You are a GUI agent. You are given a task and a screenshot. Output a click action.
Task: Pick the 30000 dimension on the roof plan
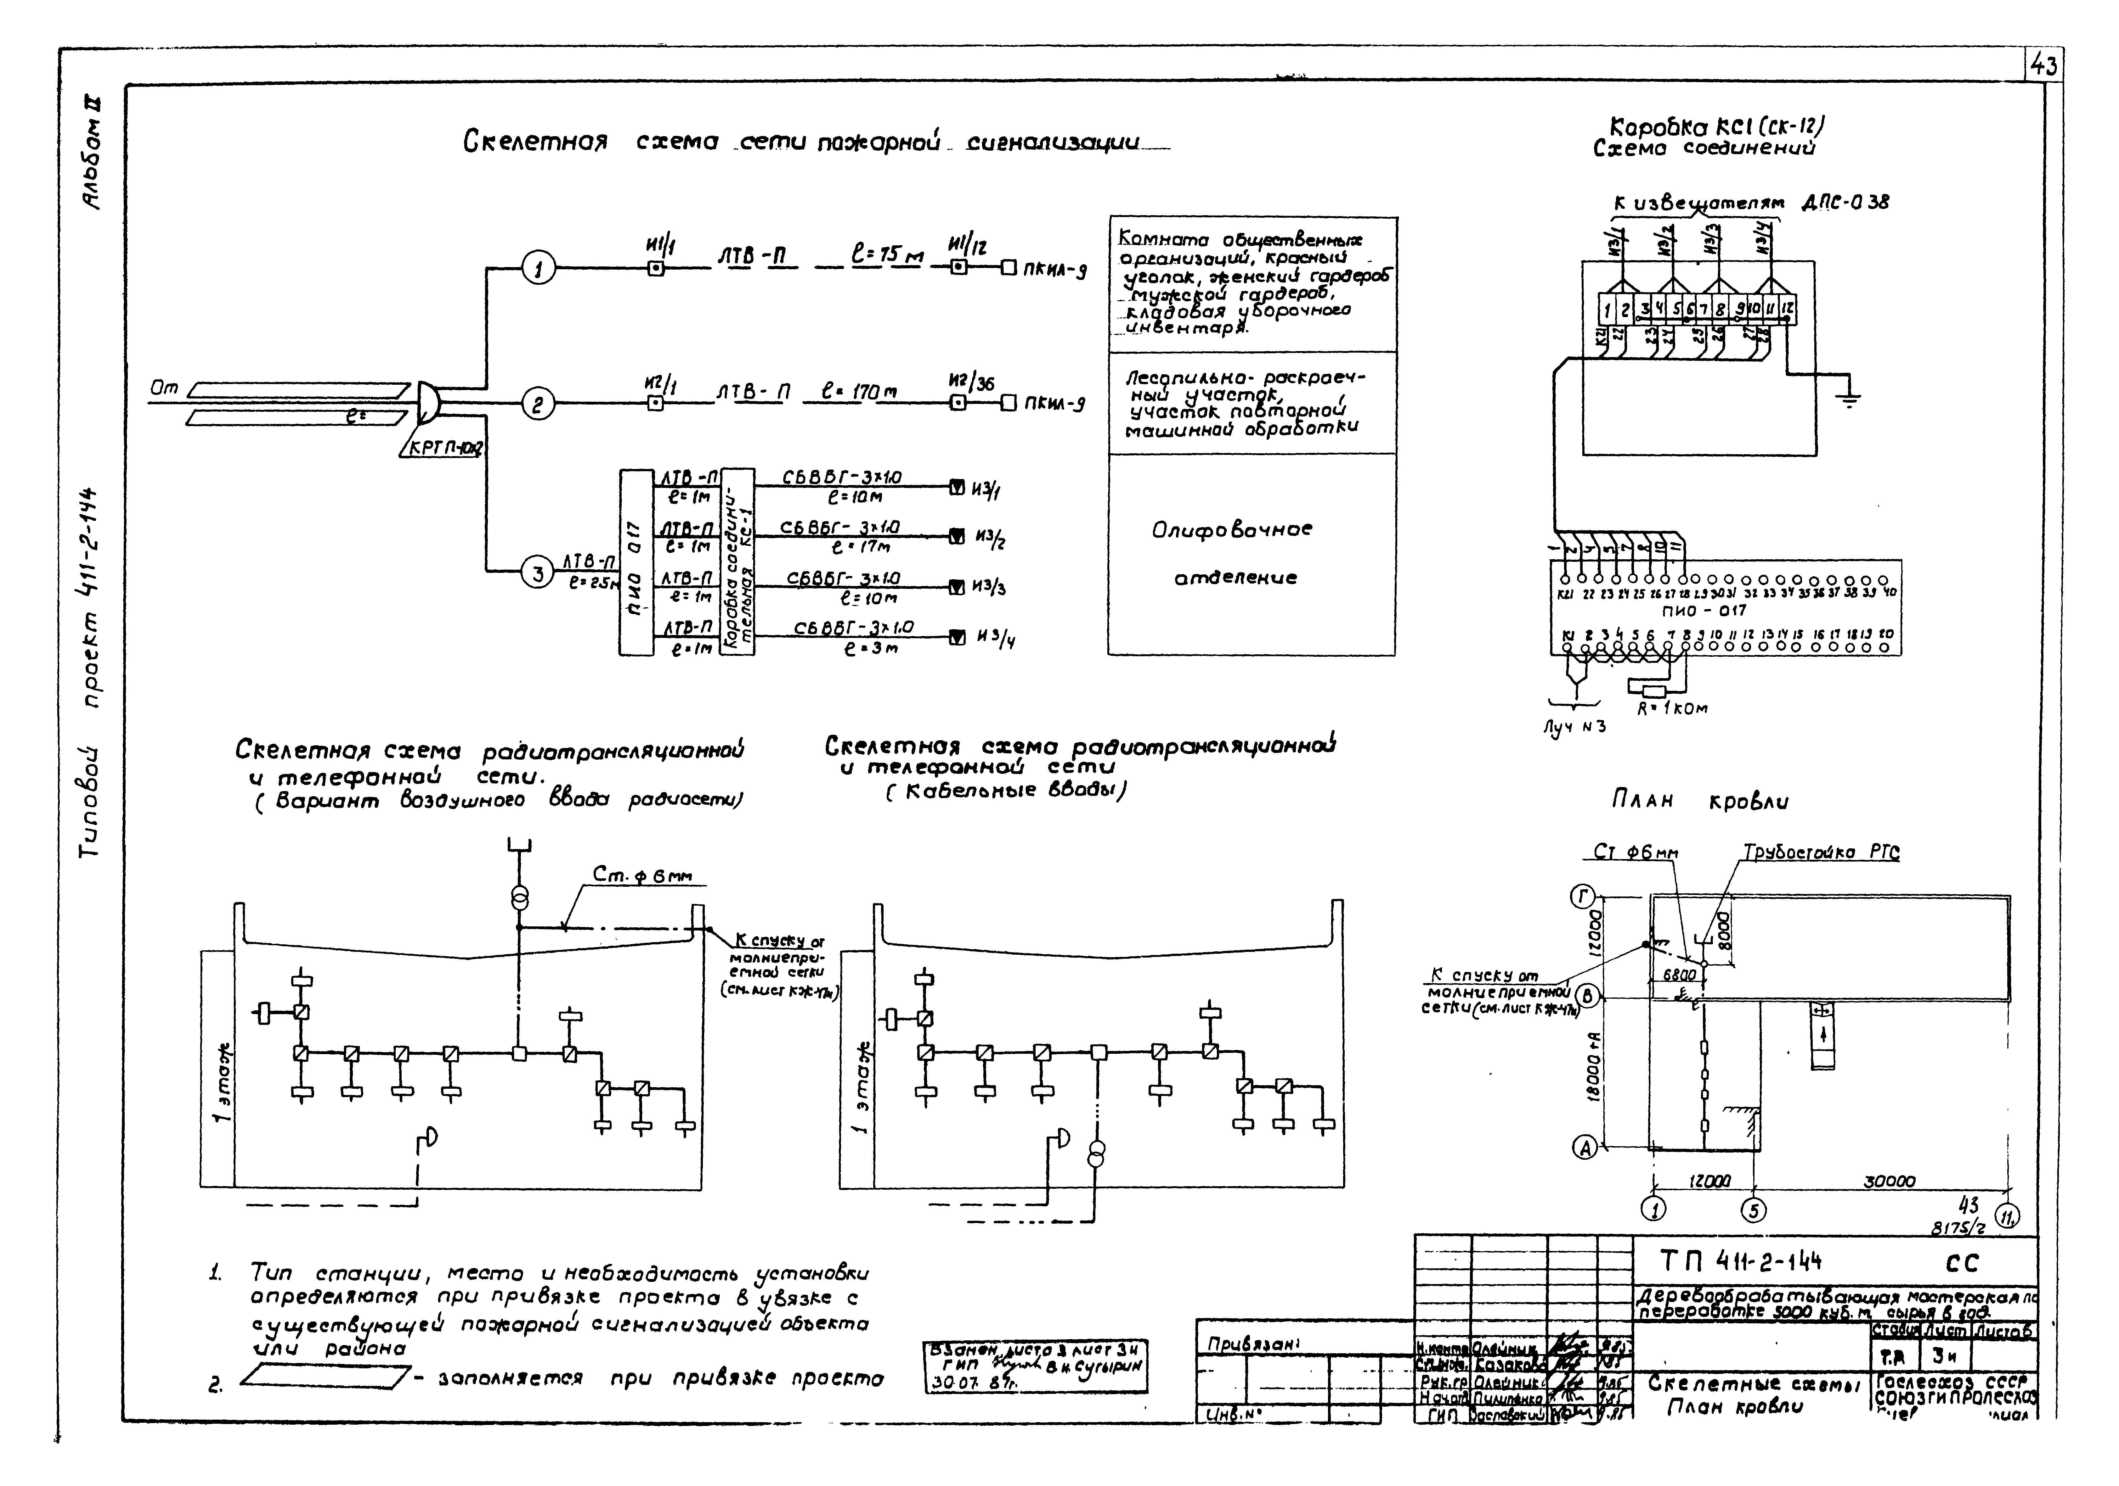point(1889,1181)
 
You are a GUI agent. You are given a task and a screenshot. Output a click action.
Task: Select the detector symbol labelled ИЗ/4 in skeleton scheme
point(957,635)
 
